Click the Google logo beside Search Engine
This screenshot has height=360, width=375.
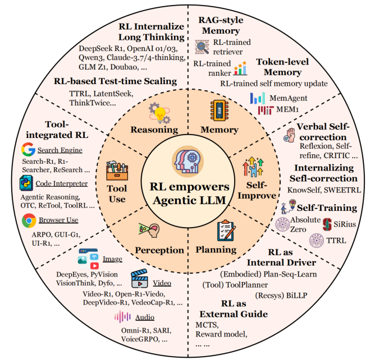pyautogui.click(x=27, y=150)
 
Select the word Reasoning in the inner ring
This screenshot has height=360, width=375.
pyautogui.click(x=154, y=130)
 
